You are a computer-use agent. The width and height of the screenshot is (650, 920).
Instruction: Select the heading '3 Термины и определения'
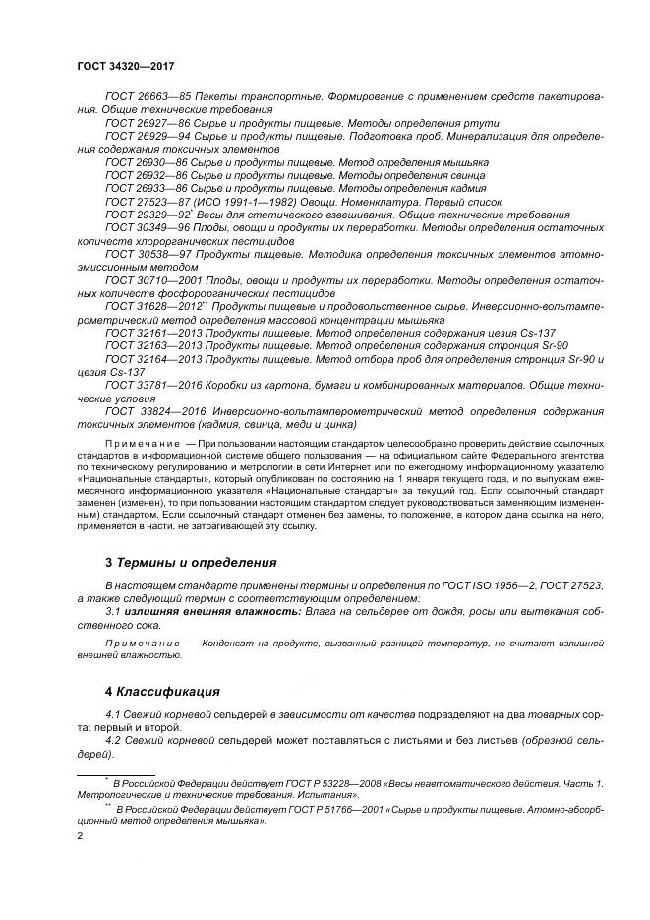tap(191, 563)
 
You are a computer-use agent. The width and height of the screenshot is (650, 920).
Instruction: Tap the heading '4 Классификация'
tap(161, 691)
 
